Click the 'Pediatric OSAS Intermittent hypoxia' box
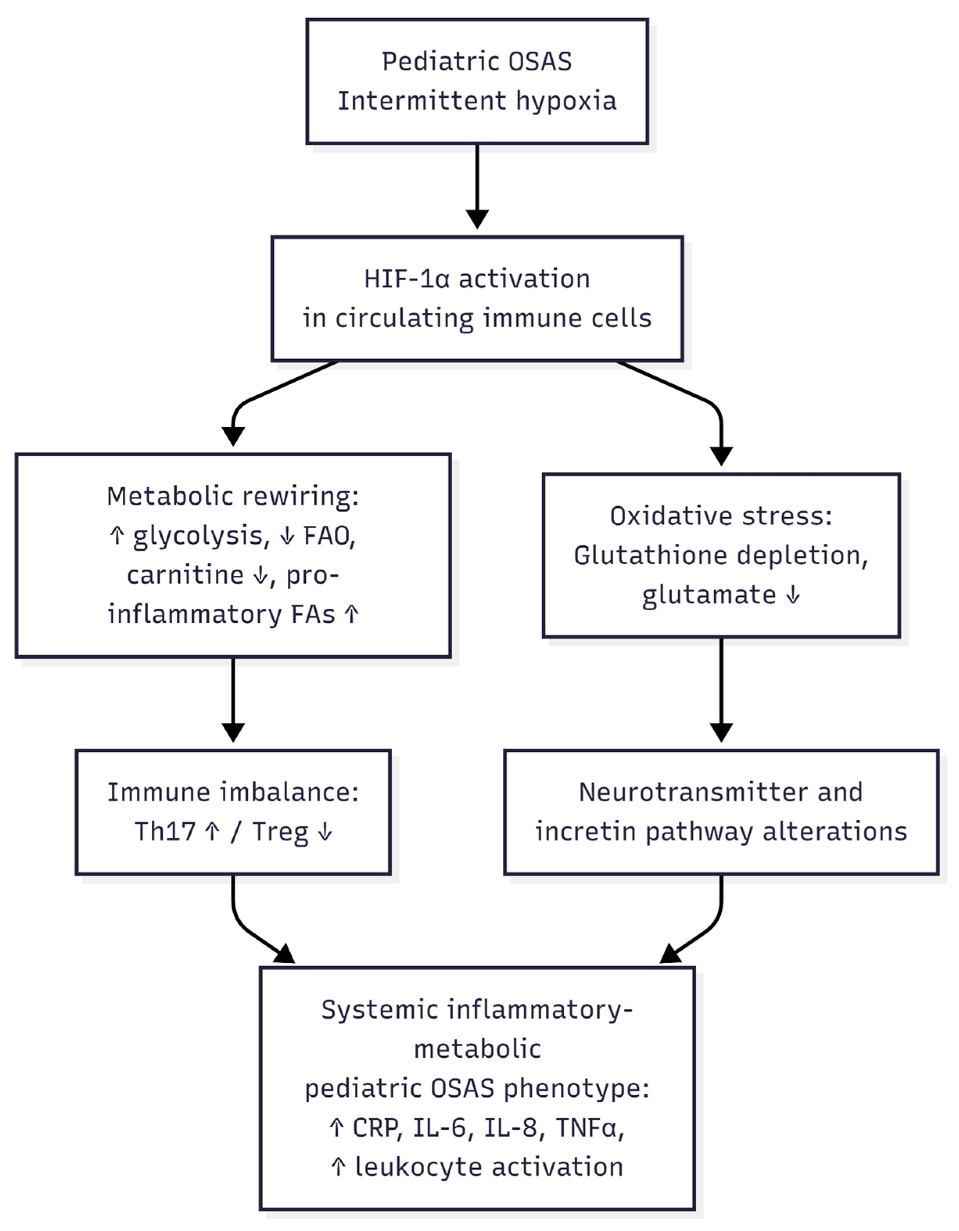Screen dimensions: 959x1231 pos(477,81)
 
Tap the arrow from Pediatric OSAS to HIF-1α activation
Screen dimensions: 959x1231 pos(477,186)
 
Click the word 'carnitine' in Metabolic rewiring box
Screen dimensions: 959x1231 pos(185,575)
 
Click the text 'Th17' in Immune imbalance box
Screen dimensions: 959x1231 pos(165,831)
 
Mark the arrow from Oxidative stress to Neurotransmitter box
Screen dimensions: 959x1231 pos(721,690)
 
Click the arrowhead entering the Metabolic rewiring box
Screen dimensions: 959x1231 pos(233,436)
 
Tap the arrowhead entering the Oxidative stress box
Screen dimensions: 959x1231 pos(721,455)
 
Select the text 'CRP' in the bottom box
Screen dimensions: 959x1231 pos(376,1128)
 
